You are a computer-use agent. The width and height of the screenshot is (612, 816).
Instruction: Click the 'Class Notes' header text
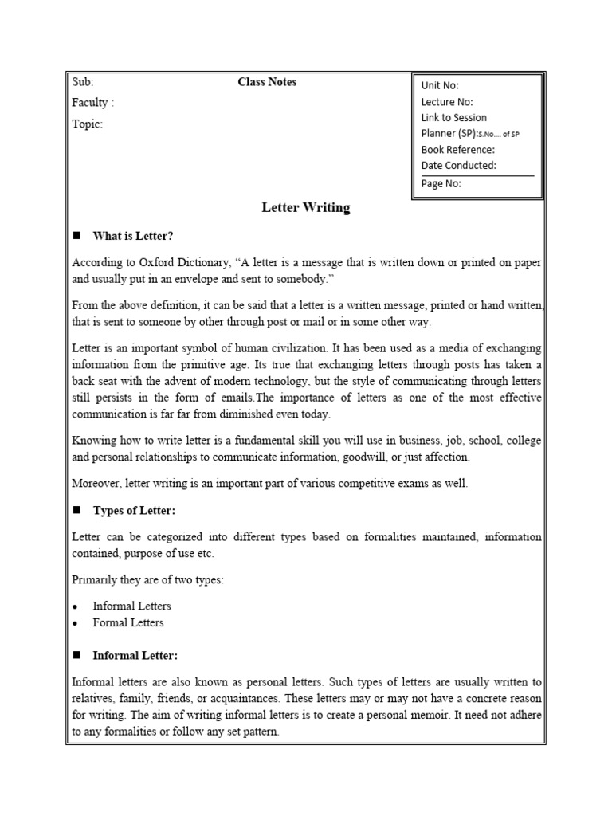(x=267, y=82)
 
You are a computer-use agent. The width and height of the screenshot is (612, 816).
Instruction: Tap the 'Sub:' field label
(x=83, y=82)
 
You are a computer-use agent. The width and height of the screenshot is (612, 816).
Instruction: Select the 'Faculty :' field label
(x=92, y=103)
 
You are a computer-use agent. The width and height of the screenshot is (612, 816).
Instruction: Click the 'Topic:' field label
(x=87, y=124)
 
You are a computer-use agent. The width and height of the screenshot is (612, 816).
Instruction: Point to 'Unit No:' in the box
(x=440, y=86)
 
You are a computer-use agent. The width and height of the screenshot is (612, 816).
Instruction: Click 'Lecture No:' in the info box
(x=447, y=102)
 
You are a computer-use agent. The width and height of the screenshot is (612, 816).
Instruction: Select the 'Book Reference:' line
(x=457, y=149)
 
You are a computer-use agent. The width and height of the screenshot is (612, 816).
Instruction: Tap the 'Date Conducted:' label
(x=458, y=165)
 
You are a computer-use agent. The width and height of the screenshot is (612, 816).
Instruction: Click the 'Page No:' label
(x=441, y=183)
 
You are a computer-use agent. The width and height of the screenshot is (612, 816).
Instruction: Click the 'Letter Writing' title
(x=306, y=208)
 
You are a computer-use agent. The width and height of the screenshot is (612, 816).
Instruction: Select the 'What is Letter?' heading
(x=132, y=236)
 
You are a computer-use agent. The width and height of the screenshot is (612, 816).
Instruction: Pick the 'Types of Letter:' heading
(x=134, y=510)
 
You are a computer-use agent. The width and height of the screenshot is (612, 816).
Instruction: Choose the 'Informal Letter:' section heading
(x=135, y=655)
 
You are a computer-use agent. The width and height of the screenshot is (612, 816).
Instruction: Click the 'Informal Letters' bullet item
(x=131, y=606)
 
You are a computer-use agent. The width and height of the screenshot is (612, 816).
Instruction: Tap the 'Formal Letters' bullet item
(x=127, y=622)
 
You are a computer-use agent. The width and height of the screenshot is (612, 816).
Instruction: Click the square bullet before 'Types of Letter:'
(x=76, y=510)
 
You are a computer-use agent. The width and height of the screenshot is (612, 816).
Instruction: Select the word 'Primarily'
(x=94, y=579)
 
